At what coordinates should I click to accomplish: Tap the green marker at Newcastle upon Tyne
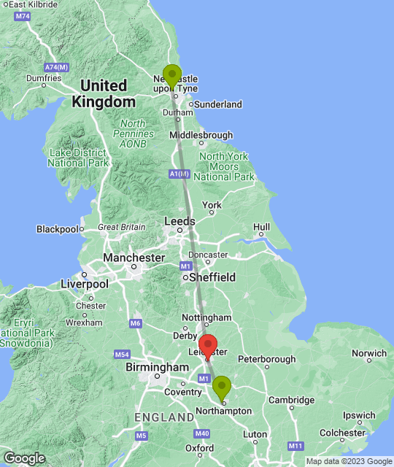click(172, 76)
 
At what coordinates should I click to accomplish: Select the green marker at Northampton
click(222, 387)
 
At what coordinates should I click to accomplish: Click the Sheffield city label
click(213, 277)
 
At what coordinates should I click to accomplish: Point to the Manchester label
click(134, 258)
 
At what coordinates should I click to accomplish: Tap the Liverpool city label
click(84, 283)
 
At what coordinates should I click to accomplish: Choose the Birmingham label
click(157, 367)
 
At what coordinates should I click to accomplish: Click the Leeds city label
click(179, 221)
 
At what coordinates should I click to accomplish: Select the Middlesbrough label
click(201, 135)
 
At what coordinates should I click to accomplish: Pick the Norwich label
click(369, 353)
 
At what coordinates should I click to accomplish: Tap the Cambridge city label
click(291, 400)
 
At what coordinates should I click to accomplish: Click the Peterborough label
click(266, 359)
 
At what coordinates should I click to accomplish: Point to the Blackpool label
click(57, 229)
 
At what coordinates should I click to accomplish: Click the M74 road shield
click(23, 16)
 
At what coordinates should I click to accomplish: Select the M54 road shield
click(122, 354)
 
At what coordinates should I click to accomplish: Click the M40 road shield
click(203, 433)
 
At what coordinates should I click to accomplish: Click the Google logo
click(24, 458)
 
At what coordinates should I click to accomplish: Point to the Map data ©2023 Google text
click(349, 461)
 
